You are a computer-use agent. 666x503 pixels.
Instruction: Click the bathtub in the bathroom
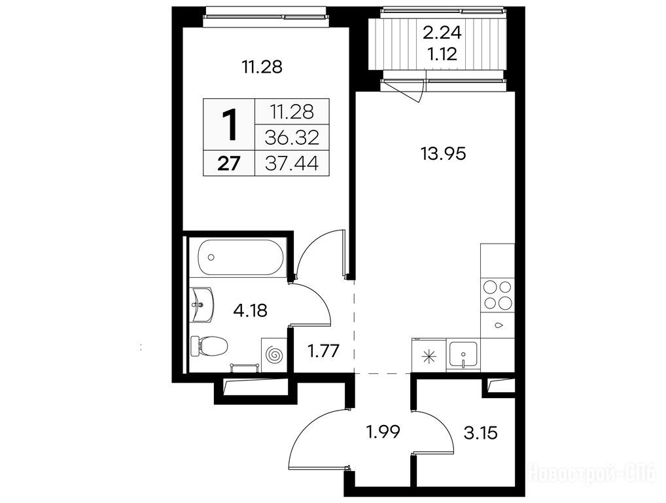click(x=241, y=257)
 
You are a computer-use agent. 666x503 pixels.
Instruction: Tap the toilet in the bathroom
click(x=209, y=346)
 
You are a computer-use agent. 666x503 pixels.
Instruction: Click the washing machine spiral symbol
click(x=273, y=354)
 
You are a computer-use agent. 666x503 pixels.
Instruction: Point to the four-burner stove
click(x=497, y=295)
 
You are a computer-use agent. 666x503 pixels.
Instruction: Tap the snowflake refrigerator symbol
click(x=428, y=356)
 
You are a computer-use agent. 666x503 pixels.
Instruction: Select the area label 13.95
click(x=443, y=153)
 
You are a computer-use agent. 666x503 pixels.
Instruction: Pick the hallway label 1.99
click(x=383, y=432)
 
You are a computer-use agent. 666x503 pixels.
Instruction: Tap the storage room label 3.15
click(x=480, y=434)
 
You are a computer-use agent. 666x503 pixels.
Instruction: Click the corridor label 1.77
click(x=323, y=351)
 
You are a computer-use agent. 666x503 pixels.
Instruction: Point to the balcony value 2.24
click(x=442, y=32)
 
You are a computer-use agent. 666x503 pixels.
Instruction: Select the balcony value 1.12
click(x=442, y=54)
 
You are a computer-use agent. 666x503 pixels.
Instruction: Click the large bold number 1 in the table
click(x=230, y=124)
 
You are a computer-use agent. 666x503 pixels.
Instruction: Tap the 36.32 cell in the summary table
click(x=291, y=137)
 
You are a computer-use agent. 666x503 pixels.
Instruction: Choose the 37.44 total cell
click(x=291, y=163)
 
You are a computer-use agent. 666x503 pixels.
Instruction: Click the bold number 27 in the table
click(x=229, y=163)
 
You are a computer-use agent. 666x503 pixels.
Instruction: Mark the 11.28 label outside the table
click(x=262, y=67)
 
